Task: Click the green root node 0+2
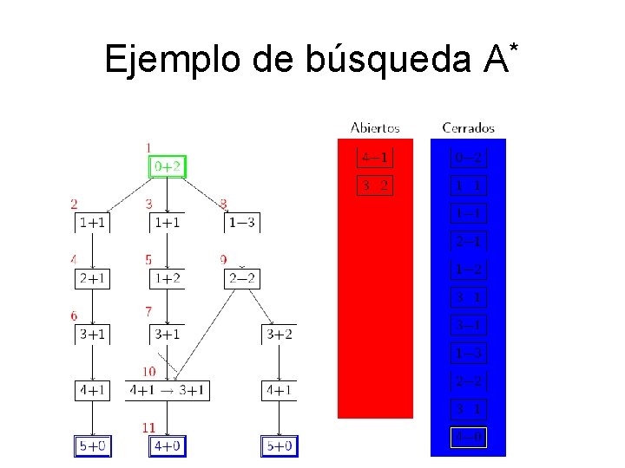[x=168, y=166]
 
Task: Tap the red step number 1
[x=149, y=147]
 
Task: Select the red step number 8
[x=224, y=205]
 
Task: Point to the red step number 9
[x=224, y=260]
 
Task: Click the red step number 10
[x=149, y=372]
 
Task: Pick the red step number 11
[x=148, y=427]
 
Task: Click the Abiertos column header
[x=375, y=128]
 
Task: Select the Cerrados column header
[x=468, y=128]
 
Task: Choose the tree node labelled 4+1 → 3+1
[x=167, y=391]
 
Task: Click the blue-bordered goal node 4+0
[x=168, y=446]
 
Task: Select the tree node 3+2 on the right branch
[x=279, y=335]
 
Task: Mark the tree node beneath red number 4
[x=93, y=279]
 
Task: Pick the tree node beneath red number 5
[x=168, y=279]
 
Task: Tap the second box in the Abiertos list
[x=375, y=185]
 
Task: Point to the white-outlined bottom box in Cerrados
[x=468, y=439]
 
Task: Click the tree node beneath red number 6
[x=93, y=335]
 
